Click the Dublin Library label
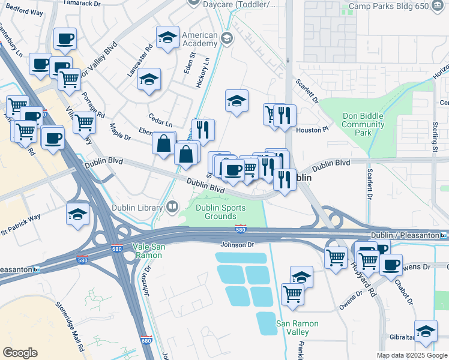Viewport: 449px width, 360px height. [137, 208]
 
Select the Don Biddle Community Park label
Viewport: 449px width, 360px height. [363, 125]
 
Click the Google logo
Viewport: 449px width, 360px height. [20, 353]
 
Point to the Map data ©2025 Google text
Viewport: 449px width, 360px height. [412, 355]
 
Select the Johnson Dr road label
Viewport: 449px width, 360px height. [238, 245]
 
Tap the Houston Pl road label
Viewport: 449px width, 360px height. [313, 129]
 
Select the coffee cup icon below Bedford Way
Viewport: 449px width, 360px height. [65, 40]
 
